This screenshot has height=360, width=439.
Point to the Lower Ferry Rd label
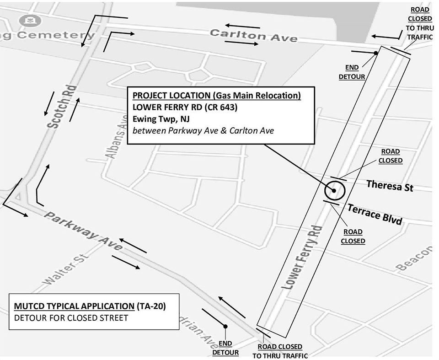coord(302,257)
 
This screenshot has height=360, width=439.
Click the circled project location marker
coord(334,190)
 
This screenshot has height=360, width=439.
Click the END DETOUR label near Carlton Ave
coord(352,72)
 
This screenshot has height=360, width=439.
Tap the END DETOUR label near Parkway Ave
coord(225,348)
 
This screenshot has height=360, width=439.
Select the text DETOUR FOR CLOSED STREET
coord(71,317)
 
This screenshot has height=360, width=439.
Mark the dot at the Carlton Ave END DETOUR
coord(376,53)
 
